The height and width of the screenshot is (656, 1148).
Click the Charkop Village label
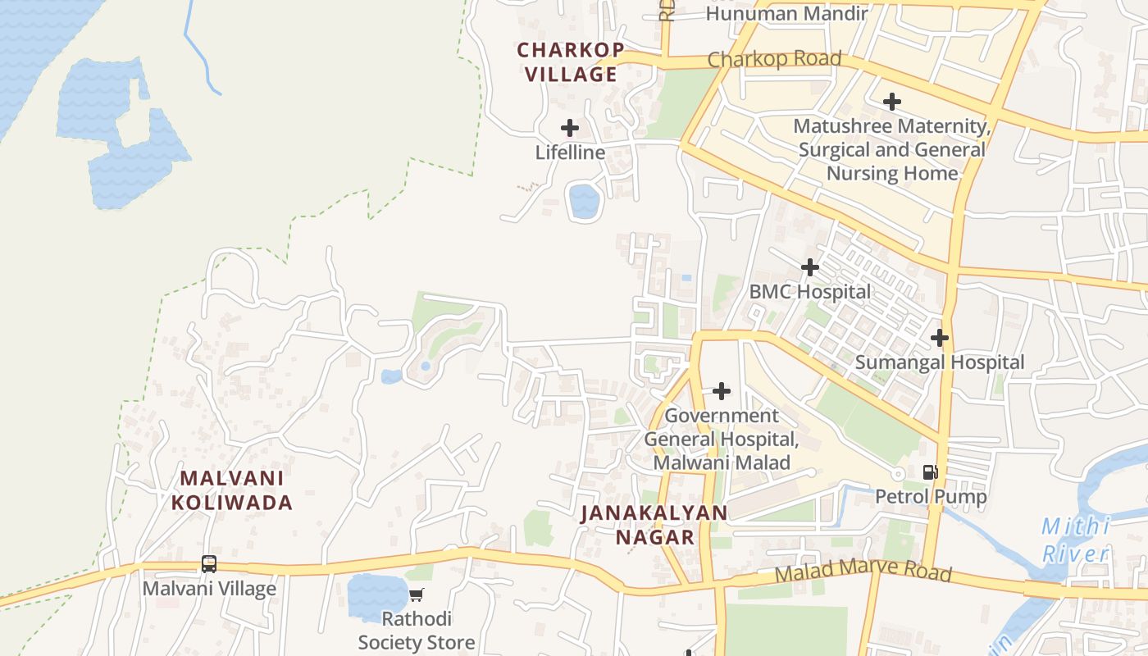pos(571,62)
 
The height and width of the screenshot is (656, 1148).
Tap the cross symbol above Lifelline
pos(569,128)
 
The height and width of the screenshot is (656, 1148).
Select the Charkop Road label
pos(774,59)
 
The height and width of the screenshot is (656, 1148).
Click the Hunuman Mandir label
pos(786,14)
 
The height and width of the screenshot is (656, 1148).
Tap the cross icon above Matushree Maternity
pos(892,102)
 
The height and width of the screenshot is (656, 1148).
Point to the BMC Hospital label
pos(810,292)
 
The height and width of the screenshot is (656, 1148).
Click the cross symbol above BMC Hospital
pos(810,267)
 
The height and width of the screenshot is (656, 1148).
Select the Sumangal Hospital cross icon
pos(940,338)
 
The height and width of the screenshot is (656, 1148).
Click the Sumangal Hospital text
pos(940,362)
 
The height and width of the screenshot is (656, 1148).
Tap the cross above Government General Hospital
pos(722,391)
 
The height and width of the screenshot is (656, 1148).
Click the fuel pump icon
pos(931,472)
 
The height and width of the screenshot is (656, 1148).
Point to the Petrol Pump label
pos(931,497)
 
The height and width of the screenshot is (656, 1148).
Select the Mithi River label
pos(1076,540)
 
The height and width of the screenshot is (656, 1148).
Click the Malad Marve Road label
pos(863,571)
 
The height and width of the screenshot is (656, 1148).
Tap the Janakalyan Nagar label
pos(654,525)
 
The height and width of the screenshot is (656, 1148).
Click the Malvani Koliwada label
pos(231,490)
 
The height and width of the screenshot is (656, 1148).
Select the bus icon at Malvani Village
pos(209,564)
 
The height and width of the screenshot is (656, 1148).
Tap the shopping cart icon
pos(417,594)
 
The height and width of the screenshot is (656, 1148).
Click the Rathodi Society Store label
pos(417,631)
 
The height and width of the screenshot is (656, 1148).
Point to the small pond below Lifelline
pos(584,201)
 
